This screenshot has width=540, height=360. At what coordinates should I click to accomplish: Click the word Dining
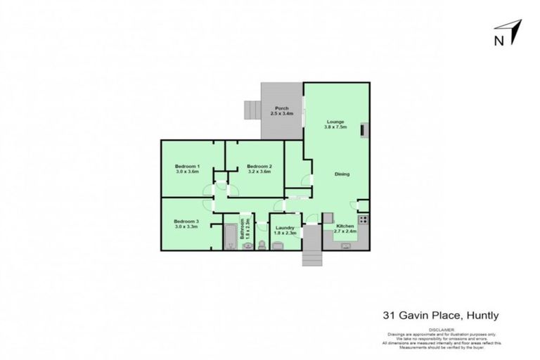point(342,174)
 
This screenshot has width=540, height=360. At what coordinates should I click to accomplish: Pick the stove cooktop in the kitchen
point(363,219)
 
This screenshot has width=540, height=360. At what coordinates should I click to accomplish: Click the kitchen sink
point(346,245)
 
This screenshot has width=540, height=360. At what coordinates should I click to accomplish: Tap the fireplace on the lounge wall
point(364,130)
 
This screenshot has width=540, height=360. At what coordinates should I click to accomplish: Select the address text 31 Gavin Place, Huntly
point(440,316)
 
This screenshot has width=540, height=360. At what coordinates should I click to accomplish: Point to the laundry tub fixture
point(278,245)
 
